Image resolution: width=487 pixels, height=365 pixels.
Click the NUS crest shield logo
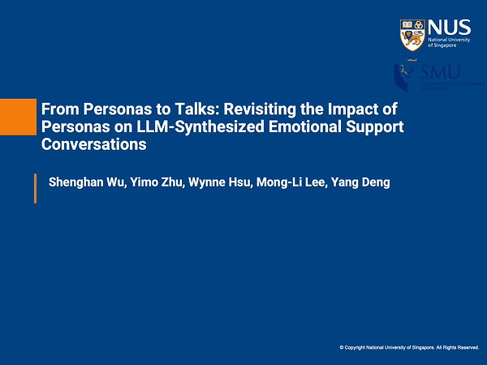point(412,35)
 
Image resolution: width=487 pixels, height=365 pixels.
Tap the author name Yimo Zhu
point(154,182)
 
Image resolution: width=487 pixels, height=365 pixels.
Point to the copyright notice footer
point(409,347)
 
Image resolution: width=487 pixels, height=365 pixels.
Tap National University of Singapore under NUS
point(448,43)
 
